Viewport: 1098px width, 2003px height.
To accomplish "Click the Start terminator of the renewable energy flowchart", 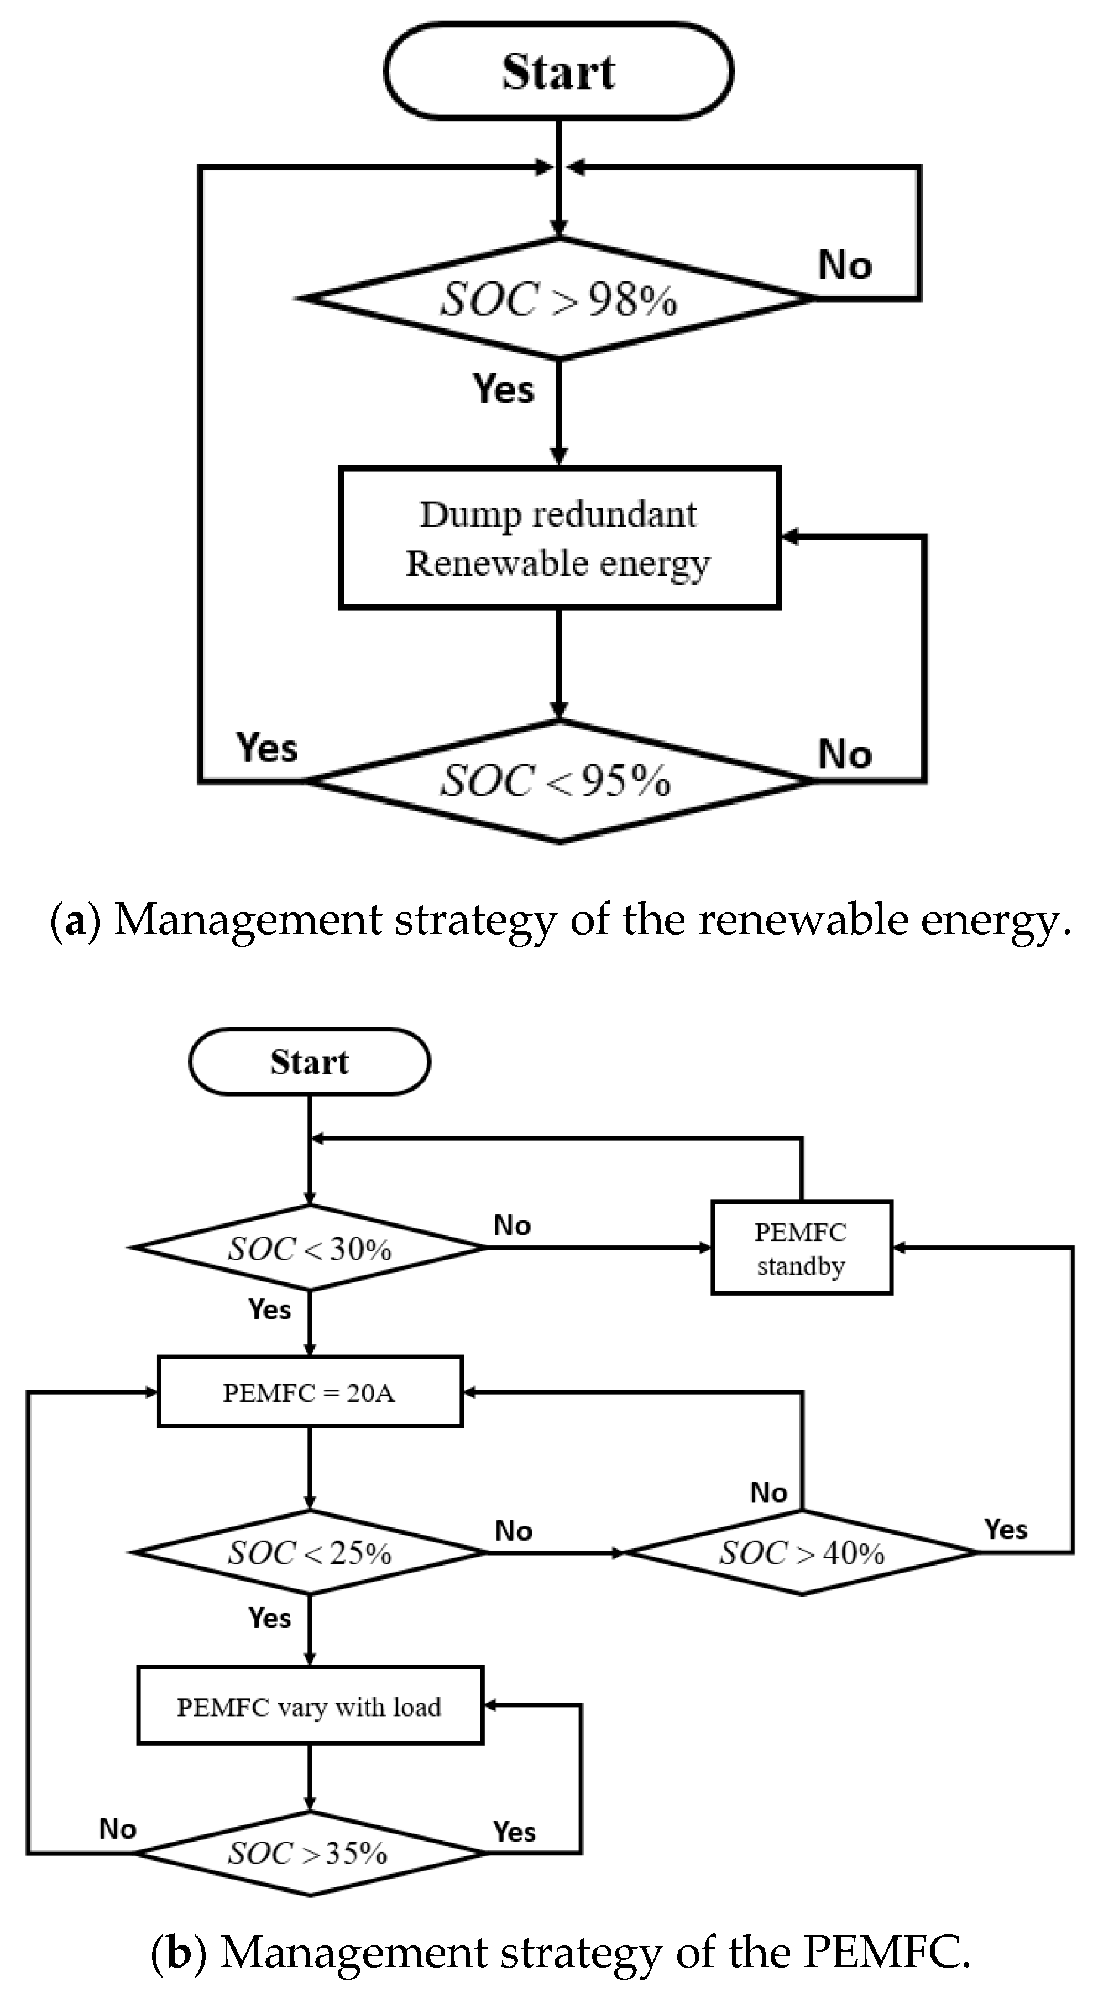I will pos(558,71).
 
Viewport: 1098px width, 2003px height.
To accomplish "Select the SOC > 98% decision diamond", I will pos(558,299).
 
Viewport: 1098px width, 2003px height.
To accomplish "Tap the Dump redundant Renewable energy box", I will pos(558,538).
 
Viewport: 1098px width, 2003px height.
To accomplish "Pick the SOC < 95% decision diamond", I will pos(558,781).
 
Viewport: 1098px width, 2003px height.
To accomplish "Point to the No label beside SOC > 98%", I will pos(844,265).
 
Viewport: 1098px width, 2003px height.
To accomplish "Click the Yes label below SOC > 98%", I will pos(504,388).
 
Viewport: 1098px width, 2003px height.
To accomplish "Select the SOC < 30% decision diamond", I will pos(310,1248).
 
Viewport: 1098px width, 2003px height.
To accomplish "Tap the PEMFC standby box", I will pos(801,1248).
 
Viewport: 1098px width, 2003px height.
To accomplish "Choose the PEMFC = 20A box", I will pos(310,1392).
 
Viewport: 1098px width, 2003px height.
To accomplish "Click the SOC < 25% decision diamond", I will pos(310,1553).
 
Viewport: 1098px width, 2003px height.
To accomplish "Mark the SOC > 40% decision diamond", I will pos(801,1553).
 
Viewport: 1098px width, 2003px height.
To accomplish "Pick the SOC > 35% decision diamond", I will pos(310,1854).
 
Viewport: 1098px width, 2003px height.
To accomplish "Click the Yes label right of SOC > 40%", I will pos(1006,1529).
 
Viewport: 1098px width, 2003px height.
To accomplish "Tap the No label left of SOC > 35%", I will pos(117,1829).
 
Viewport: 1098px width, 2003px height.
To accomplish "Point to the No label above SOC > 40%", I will pos(768,1492).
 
